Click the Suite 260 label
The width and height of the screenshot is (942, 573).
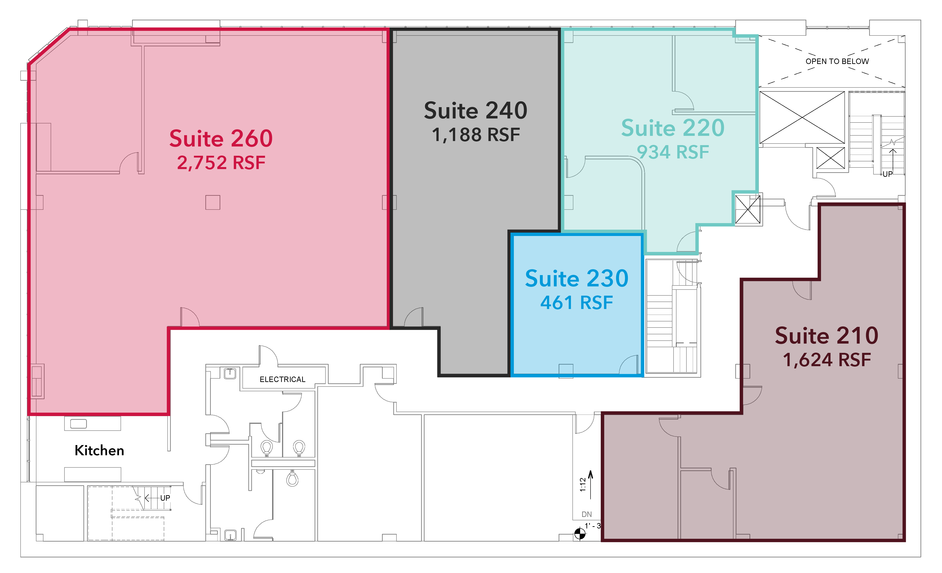point(221,138)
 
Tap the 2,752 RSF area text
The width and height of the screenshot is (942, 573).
point(221,163)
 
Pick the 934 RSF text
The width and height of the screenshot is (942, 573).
point(673,152)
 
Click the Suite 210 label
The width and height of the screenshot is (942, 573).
point(827,335)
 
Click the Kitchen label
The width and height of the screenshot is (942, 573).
point(99,450)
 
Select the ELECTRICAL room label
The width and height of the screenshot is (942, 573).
point(282,379)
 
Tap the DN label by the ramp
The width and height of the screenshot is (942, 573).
point(586,514)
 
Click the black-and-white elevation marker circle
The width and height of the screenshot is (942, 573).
point(580,534)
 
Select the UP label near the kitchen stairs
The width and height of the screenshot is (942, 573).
point(165,498)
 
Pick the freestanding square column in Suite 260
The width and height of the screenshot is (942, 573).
point(213,203)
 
